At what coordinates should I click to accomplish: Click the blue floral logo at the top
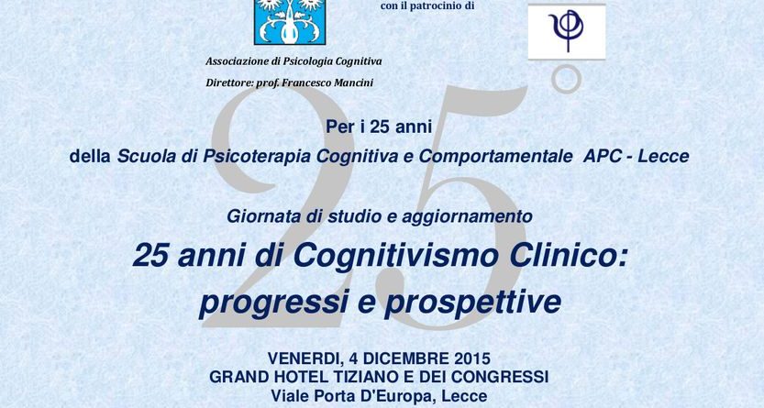[290, 22]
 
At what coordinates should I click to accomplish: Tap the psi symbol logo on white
[567, 32]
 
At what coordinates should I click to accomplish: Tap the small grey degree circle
[567, 78]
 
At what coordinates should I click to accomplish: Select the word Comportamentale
[495, 156]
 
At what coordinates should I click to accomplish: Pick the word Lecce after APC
[664, 156]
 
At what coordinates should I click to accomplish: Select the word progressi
[273, 303]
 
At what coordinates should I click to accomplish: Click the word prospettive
[472, 303]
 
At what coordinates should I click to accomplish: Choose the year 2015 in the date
[471, 358]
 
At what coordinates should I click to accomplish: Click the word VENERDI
[304, 358]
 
